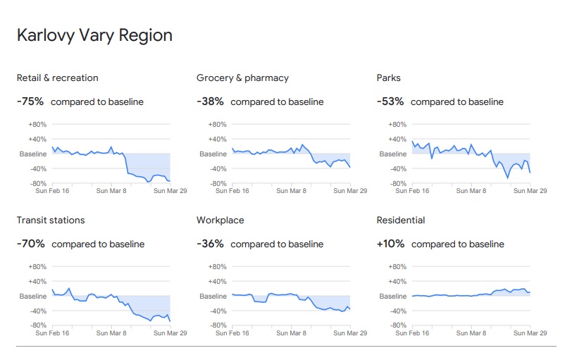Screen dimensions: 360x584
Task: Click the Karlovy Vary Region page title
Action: click(94, 35)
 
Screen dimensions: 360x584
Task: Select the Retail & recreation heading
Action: click(58, 77)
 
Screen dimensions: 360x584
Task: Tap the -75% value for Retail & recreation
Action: click(30, 101)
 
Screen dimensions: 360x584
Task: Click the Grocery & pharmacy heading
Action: click(242, 77)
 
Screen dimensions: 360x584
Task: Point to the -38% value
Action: click(210, 101)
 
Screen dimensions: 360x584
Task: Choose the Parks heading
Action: click(388, 77)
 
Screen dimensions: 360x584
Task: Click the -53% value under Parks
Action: click(390, 101)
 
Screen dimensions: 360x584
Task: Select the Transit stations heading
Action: click(51, 220)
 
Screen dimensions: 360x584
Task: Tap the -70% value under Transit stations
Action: click(31, 244)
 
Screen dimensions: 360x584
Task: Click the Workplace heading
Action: click(220, 220)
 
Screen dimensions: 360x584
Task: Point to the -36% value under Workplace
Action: click(210, 244)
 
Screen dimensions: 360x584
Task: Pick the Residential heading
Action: click(401, 220)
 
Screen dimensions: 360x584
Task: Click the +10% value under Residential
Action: click(391, 244)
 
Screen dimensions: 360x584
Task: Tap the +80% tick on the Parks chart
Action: click(398, 124)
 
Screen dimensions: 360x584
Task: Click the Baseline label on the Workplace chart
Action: click(213, 297)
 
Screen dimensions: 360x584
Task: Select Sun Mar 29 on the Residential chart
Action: click(530, 333)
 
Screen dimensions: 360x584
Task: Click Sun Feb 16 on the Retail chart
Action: click(52, 190)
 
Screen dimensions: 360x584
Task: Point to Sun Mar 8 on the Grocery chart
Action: click(290, 190)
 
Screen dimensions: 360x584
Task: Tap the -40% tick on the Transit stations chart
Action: click(37, 311)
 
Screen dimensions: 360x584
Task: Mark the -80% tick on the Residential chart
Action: click(398, 325)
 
